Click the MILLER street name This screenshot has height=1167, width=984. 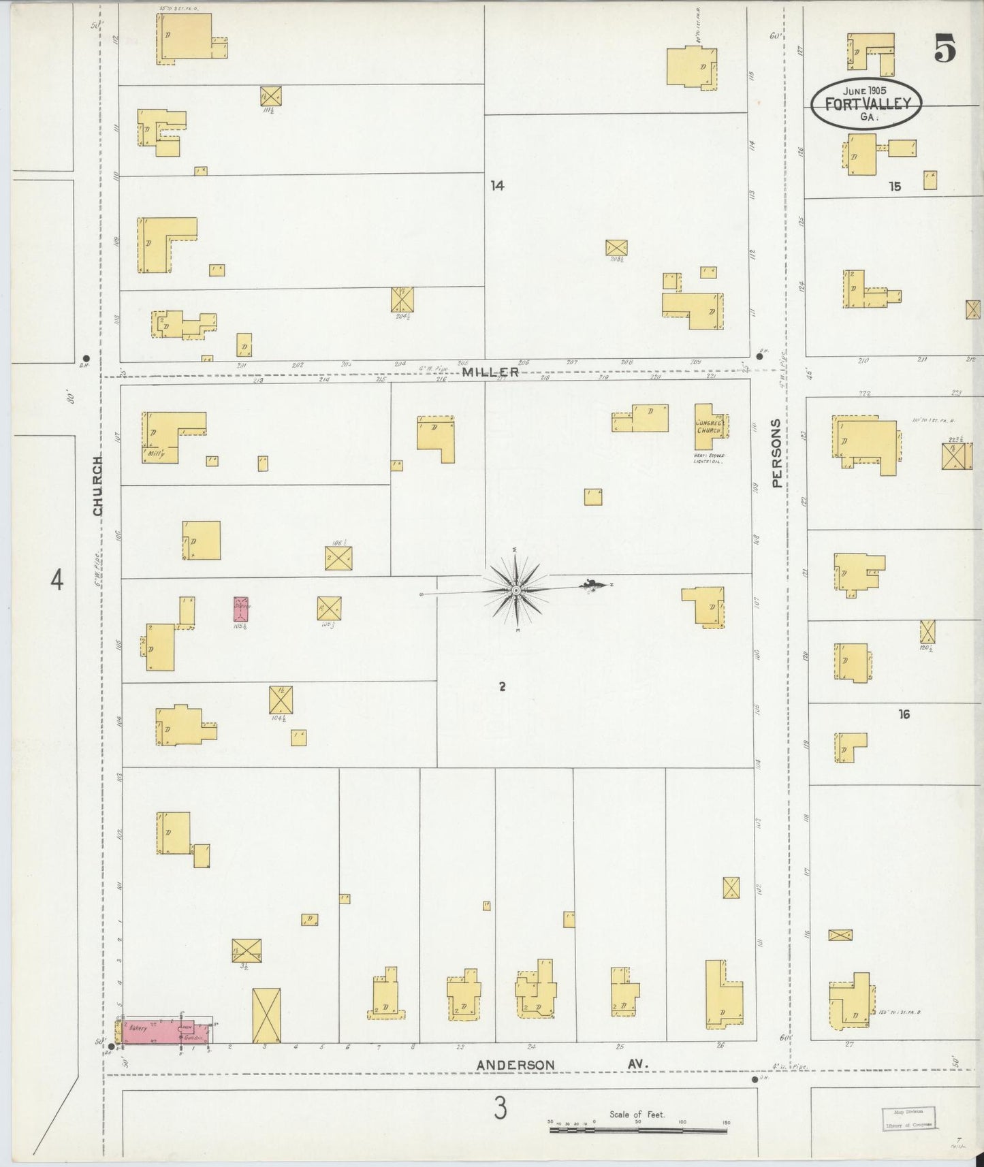coord(490,372)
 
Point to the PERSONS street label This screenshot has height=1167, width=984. coord(777,453)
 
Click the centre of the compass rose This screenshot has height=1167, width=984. coord(516,590)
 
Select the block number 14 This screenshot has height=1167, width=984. coord(497,185)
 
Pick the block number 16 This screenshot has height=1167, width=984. coord(904,714)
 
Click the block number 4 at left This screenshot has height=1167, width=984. coord(57,581)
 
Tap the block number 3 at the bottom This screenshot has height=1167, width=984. coord(501,1110)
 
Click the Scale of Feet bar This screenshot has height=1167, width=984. coord(639,1129)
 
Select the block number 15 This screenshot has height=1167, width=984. coord(894,186)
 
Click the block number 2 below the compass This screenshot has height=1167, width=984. coord(502,687)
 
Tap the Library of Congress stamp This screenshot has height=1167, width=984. coord(909,1118)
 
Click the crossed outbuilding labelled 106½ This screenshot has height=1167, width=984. coord(338,558)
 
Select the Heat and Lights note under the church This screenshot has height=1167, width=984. coord(708,458)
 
